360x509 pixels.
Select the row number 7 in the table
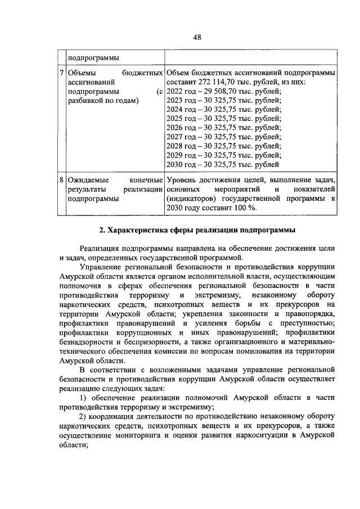(x=62, y=74)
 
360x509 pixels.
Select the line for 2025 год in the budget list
(x=224, y=119)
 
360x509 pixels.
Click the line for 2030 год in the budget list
(x=223, y=165)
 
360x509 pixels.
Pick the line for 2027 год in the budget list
(x=224, y=137)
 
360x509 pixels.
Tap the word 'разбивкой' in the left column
(x=84, y=101)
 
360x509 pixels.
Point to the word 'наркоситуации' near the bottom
(x=265, y=435)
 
